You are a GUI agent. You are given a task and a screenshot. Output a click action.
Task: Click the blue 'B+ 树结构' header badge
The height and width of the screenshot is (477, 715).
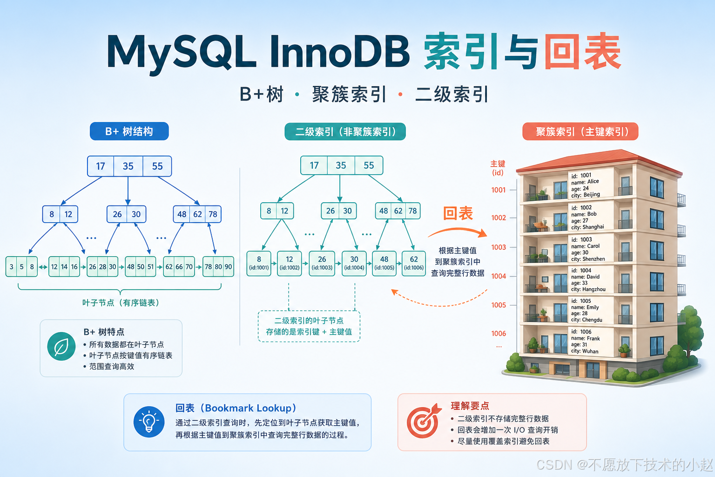tap(129, 131)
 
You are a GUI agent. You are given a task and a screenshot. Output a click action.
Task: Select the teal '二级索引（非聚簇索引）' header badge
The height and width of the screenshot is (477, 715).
tap(345, 132)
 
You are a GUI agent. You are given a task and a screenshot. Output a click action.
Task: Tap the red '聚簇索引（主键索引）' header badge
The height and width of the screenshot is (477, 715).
tap(580, 132)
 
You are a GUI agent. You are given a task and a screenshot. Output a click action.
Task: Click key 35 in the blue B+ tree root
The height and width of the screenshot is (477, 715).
tap(128, 166)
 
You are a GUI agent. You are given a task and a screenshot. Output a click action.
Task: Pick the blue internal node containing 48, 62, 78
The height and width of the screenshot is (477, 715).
tap(197, 214)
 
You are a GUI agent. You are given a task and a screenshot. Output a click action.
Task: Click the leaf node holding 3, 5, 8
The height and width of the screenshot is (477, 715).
tap(22, 266)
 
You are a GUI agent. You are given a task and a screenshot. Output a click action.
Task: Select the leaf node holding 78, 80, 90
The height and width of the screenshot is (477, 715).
tap(218, 266)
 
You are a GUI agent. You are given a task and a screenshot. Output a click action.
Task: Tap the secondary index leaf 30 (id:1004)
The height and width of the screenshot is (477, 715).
tap(354, 263)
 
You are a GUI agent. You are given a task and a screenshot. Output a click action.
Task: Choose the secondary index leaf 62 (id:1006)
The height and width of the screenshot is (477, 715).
tap(414, 263)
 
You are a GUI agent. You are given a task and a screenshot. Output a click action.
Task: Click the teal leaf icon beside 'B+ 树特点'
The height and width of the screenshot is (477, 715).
tap(61, 347)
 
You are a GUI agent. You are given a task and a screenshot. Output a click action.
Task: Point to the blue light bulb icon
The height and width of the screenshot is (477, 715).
tap(149, 422)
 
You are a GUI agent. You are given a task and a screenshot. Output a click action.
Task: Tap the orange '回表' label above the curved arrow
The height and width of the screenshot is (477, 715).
tap(458, 213)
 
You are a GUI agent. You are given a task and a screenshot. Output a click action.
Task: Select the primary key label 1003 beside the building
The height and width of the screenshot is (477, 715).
tap(499, 247)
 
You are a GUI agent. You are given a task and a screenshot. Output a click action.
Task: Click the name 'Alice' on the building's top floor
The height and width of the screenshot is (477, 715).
tap(593, 182)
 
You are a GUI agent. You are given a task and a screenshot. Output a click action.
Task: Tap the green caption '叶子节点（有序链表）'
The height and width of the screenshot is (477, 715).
tap(121, 303)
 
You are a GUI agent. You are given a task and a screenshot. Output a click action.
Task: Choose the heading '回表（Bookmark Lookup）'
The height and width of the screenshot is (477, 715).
tap(236, 408)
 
